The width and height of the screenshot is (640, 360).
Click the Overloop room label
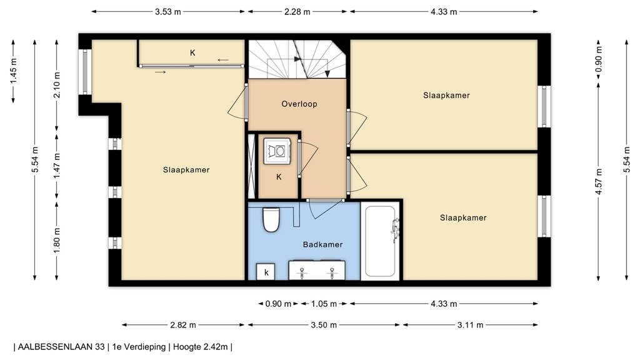pyautogui.click(x=299, y=104)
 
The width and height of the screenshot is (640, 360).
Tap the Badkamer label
pyautogui.click(x=322, y=244)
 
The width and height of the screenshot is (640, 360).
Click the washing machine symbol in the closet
pyautogui.click(x=276, y=150)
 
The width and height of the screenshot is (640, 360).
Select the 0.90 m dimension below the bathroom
pyautogui.click(x=278, y=304)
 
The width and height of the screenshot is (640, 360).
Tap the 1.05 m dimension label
pyautogui.click(x=324, y=304)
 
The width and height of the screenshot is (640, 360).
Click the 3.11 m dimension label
pyautogui.click(x=469, y=325)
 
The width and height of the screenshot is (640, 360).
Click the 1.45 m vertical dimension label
pyautogui.click(x=14, y=72)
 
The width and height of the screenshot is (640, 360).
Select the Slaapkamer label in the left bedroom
pyautogui.click(x=186, y=169)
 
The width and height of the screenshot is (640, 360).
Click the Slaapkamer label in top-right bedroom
pyautogui.click(x=446, y=95)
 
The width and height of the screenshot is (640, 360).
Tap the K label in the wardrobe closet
pyautogui.click(x=192, y=53)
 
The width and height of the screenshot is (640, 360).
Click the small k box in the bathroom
pyautogui.click(x=266, y=272)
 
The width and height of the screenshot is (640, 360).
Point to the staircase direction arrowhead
pyautogui.click(x=327, y=74)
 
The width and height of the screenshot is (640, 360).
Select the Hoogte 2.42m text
pyautogui.click(x=201, y=346)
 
